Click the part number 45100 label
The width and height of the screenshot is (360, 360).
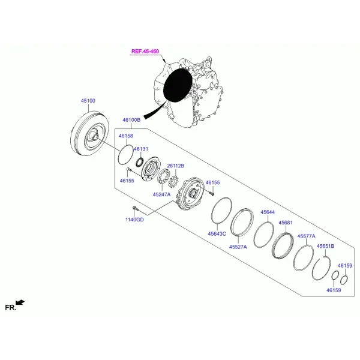[x=88, y=101]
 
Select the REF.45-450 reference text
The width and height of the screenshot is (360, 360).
[x=145, y=51]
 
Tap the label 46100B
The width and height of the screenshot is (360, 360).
[x=131, y=120]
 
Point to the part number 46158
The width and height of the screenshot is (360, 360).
[x=126, y=136]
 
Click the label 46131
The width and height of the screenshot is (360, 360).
[x=141, y=149]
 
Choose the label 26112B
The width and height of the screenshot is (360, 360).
[x=176, y=166]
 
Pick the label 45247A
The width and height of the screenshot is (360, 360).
[x=161, y=194]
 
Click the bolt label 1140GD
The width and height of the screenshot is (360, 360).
[x=134, y=220]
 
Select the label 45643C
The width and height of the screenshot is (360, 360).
[x=217, y=234]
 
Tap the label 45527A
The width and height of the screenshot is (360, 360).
[x=238, y=247]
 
